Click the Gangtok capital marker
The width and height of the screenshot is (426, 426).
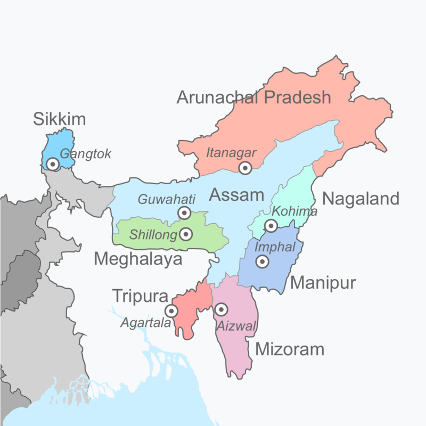click(x=53, y=164)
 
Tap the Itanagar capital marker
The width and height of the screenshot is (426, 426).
click(x=245, y=168)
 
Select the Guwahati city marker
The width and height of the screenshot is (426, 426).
click(x=184, y=213)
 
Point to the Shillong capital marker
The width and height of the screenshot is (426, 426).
click(x=186, y=234)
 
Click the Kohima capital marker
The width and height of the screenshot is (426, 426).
click(x=271, y=226)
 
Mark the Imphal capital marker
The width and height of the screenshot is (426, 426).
click(x=262, y=261)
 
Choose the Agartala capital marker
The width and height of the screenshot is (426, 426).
click(x=171, y=310)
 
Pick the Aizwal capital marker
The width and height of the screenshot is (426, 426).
click(x=221, y=309)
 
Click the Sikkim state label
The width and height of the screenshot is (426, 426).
click(x=59, y=119)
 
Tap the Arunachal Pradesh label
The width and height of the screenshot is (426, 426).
click(x=253, y=97)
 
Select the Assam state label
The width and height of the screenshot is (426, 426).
click(x=236, y=195)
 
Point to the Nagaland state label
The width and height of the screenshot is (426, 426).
click(x=361, y=199)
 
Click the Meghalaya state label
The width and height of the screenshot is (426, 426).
click(x=138, y=259)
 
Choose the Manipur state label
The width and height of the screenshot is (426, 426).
click(x=323, y=283)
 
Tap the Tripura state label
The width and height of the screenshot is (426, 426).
click(x=140, y=296)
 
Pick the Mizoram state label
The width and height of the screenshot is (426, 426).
click(x=290, y=349)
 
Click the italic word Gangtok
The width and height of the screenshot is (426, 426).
click(x=85, y=154)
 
